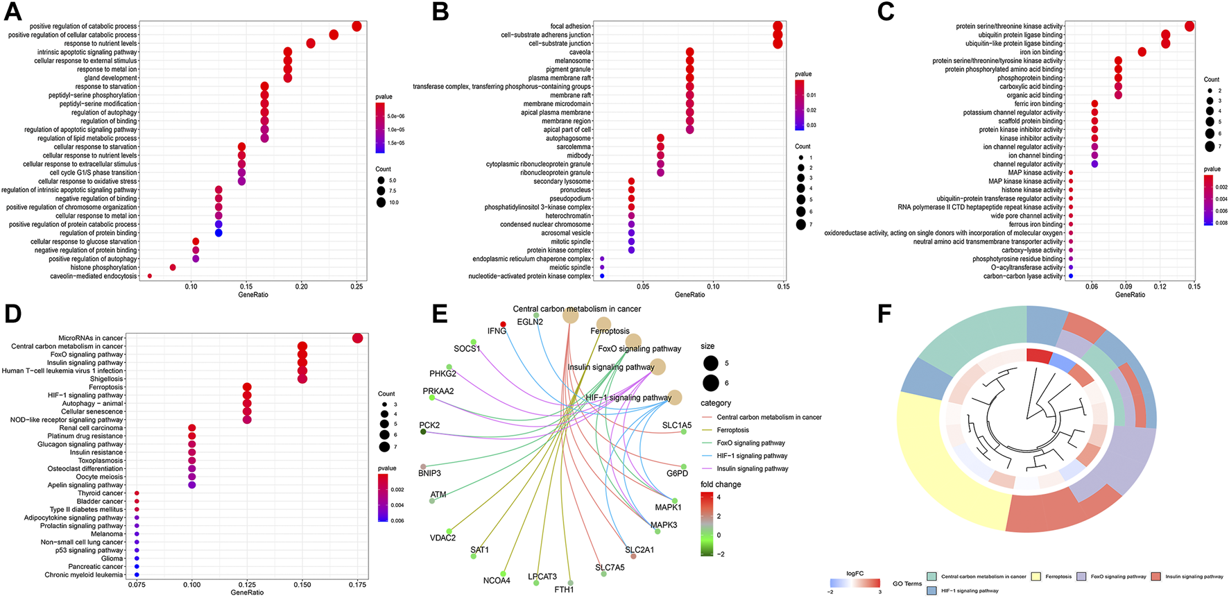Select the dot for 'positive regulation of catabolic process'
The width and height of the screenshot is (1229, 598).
[x=356, y=26]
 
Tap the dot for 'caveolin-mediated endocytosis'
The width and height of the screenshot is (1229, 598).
[x=150, y=276]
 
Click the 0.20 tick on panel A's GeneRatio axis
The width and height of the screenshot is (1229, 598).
[x=301, y=286]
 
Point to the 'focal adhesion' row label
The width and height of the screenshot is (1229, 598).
[x=571, y=26]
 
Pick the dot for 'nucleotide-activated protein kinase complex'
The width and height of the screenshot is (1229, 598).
[x=602, y=276]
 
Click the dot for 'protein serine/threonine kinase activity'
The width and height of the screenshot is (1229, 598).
[x=1189, y=26]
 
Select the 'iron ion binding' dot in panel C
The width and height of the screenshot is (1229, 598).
[x=1142, y=52]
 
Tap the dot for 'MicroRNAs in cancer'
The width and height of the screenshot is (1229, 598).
[x=358, y=339]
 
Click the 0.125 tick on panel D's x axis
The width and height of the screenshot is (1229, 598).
[x=247, y=585]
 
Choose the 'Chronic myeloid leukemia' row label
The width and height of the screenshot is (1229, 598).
[x=84, y=575]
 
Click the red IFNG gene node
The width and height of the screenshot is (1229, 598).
[x=503, y=324]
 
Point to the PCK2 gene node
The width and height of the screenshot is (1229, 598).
[x=423, y=432]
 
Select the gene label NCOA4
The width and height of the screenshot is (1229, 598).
[x=497, y=581]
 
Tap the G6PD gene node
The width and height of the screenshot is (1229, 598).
[x=683, y=465]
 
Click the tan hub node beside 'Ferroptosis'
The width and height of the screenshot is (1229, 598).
[x=603, y=324]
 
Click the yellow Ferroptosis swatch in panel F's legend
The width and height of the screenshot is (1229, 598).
[x=1036, y=576]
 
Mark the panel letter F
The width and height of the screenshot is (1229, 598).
[x=884, y=314]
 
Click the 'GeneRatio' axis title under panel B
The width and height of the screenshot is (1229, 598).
[x=689, y=295]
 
